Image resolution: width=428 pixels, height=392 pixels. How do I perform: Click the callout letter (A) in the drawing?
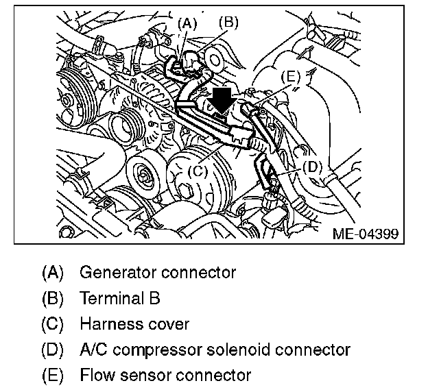(187, 23)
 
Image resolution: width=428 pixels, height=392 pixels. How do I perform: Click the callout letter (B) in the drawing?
(228, 22)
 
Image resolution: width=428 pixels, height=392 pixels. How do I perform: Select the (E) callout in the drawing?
(291, 77)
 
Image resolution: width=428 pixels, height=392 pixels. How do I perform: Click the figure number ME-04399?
(364, 234)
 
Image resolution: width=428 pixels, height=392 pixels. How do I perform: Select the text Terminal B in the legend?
(120, 298)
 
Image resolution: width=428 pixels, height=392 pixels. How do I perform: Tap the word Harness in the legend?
(108, 323)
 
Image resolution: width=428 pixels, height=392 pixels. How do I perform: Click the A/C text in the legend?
(93, 350)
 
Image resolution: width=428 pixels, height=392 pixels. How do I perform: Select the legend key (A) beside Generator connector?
(53, 272)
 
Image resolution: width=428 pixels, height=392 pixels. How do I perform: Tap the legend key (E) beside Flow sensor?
(53, 375)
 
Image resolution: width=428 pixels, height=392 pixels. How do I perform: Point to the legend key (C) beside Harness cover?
(53, 323)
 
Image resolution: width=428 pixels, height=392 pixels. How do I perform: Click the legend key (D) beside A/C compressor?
(53, 350)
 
